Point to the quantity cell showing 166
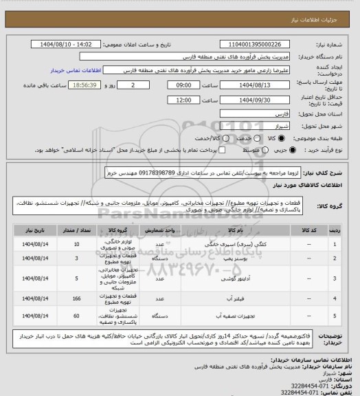[76, 300]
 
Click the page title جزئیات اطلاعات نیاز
[323, 7]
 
